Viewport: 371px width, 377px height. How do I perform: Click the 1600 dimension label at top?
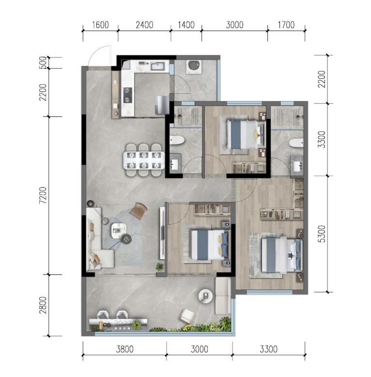(100, 25)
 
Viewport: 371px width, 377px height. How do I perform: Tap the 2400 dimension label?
(144, 25)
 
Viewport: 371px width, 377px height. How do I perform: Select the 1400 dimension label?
(186, 25)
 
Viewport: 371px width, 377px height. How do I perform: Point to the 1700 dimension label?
(286, 25)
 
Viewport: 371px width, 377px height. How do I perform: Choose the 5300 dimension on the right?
(322, 234)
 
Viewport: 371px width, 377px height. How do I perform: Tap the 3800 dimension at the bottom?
(124, 349)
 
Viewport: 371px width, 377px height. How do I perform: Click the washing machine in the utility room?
(194, 67)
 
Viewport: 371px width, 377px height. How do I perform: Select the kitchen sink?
(158, 66)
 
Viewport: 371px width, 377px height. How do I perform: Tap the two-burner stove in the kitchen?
(128, 95)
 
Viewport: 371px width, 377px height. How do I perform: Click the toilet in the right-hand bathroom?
(296, 143)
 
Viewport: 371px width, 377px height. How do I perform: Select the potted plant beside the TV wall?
(160, 266)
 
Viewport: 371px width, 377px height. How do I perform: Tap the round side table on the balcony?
(205, 296)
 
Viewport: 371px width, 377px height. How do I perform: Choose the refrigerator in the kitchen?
(162, 104)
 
